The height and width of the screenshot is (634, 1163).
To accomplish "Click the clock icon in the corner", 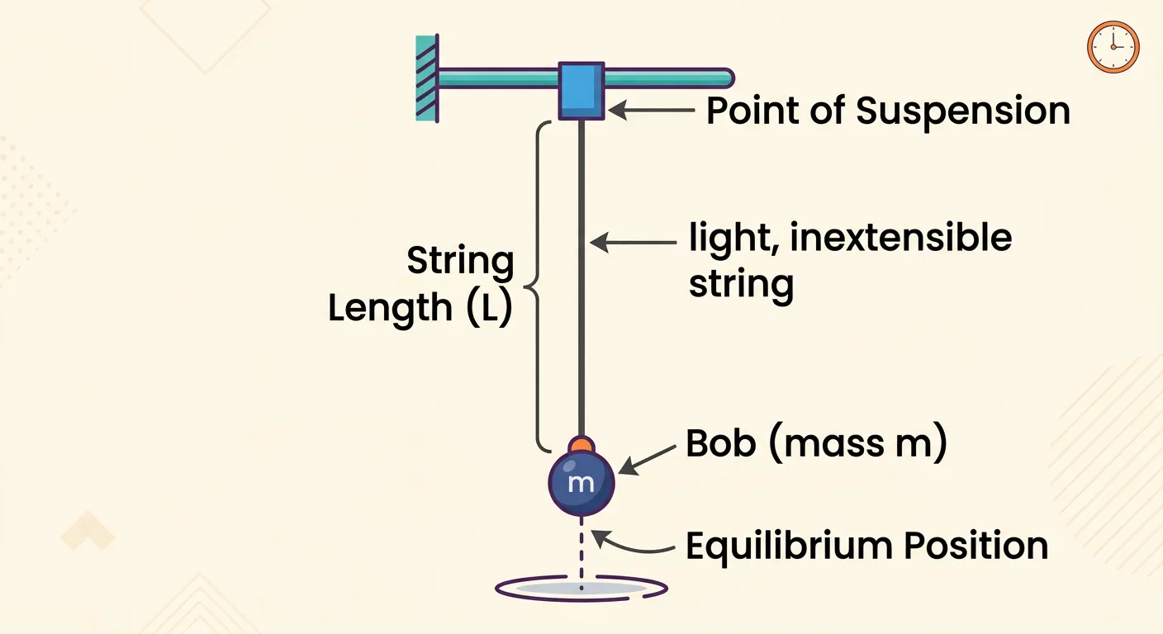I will (x=1113, y=47).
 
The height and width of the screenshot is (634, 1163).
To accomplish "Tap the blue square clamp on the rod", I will (x=581, y=90).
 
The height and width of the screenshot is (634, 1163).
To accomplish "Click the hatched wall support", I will (x=427, y=78).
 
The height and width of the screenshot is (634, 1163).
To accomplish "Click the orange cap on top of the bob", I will (x=581, y=446).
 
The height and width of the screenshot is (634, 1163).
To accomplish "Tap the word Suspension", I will (x=962, y=111).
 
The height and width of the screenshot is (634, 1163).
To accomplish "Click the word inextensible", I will (x=901, y=239).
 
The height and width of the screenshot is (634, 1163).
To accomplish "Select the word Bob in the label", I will (x=721, y=444).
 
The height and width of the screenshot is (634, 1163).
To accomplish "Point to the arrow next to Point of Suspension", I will (x=653, y=108).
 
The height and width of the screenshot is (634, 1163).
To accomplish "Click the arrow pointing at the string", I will (x=632, y=242).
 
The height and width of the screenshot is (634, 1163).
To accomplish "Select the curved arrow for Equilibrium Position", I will (x=632, y=545).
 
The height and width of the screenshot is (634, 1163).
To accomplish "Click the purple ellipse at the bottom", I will (x=581, y=588).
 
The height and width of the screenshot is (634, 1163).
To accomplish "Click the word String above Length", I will (x=460, y=263).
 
